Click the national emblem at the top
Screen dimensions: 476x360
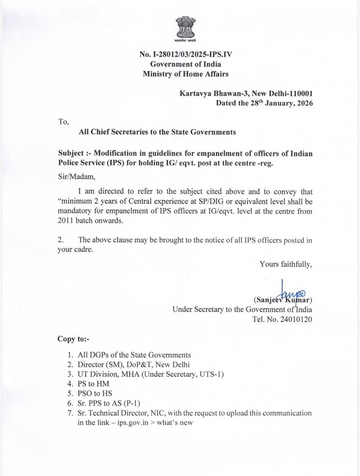pyautogui.click(x=186, y=29)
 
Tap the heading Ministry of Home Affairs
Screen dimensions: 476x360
pyautogui.click(x=186, y=75)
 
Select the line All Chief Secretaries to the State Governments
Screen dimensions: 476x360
pyautogui.click(x=157, y=132)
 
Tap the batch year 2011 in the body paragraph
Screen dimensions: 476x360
pyautogui.click(x=67, y=221)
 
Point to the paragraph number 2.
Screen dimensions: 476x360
pyautogui.click(x=61, y=240)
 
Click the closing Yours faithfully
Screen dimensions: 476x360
pyautogui.click(x=285, y=264)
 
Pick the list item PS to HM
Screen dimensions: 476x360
pyautogui.click(x=95, y=383)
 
